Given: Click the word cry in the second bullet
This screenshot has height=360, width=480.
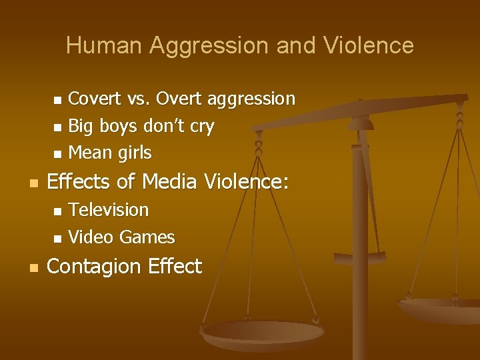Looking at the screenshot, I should click(201, 127).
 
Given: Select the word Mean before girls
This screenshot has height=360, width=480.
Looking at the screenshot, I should click(91, 153).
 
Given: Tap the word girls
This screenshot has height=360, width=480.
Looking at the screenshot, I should click(135, 153).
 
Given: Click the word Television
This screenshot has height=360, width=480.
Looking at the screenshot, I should click(109, 210).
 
